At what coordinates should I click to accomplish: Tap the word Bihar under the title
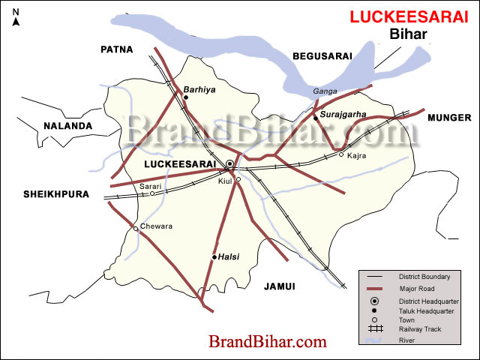(409, 34)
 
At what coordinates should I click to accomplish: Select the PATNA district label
(116, 49)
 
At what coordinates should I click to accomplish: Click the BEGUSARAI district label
(321, 55)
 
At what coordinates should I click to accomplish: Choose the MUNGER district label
(449, 118)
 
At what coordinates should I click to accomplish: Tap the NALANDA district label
(67, 126)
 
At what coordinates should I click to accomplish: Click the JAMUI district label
(280, 286)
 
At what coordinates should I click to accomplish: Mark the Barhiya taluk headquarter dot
(185, 97)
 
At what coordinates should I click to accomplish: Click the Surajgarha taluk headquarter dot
(316, 117)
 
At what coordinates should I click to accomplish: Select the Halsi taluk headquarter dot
(214, 257)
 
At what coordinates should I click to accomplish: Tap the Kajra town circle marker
(341, 154)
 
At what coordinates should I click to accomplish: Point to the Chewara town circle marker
(136, 229)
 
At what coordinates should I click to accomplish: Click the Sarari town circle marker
(152, 193)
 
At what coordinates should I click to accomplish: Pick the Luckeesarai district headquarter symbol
(229, 163)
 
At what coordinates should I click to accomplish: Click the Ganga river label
(325, 91)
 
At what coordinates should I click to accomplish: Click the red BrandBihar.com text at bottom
(268, 342)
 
